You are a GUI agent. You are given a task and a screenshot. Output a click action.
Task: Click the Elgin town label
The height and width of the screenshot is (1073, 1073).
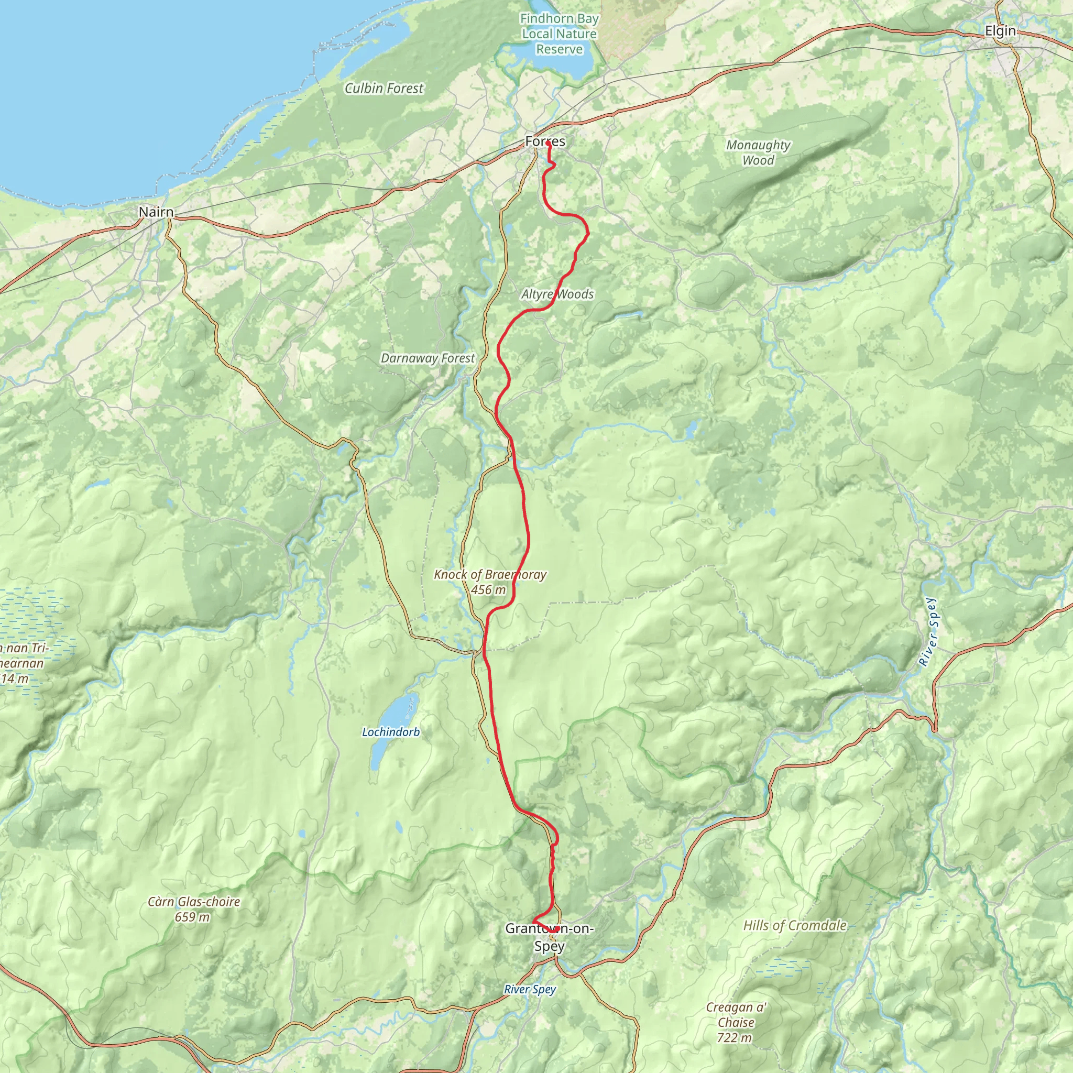1000,31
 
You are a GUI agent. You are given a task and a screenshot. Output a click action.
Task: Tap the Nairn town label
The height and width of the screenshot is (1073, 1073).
156,212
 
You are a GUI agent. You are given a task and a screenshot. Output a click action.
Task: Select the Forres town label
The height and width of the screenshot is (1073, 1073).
545,141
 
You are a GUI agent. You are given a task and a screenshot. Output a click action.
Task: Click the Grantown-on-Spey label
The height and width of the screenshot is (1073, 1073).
549,937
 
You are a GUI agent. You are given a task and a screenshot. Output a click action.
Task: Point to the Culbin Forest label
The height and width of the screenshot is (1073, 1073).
384,89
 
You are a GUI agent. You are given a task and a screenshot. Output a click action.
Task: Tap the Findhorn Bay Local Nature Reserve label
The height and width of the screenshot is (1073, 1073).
559,34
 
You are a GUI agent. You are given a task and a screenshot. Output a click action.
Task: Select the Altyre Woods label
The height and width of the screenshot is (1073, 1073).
557,294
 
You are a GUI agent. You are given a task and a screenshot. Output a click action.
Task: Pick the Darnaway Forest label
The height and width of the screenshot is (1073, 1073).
428,358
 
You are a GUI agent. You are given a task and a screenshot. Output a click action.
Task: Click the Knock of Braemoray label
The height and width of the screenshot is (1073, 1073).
490,574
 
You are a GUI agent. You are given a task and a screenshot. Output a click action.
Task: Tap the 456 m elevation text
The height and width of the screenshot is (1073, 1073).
488,590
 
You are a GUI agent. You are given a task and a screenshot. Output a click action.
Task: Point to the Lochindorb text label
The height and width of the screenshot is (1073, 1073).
391,732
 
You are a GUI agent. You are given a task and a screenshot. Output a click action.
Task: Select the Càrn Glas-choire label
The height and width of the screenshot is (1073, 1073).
193,901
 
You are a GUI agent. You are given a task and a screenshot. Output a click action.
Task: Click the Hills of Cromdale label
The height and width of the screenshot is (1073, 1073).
795,925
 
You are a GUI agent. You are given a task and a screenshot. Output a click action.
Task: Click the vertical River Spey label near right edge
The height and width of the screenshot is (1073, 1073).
927,632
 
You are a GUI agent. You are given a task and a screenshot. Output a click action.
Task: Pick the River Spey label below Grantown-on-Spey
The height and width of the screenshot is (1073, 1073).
530,989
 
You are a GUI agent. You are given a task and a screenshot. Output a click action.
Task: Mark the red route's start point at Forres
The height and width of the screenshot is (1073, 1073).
549,143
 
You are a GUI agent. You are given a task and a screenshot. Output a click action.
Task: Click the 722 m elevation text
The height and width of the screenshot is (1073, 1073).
734,1037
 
